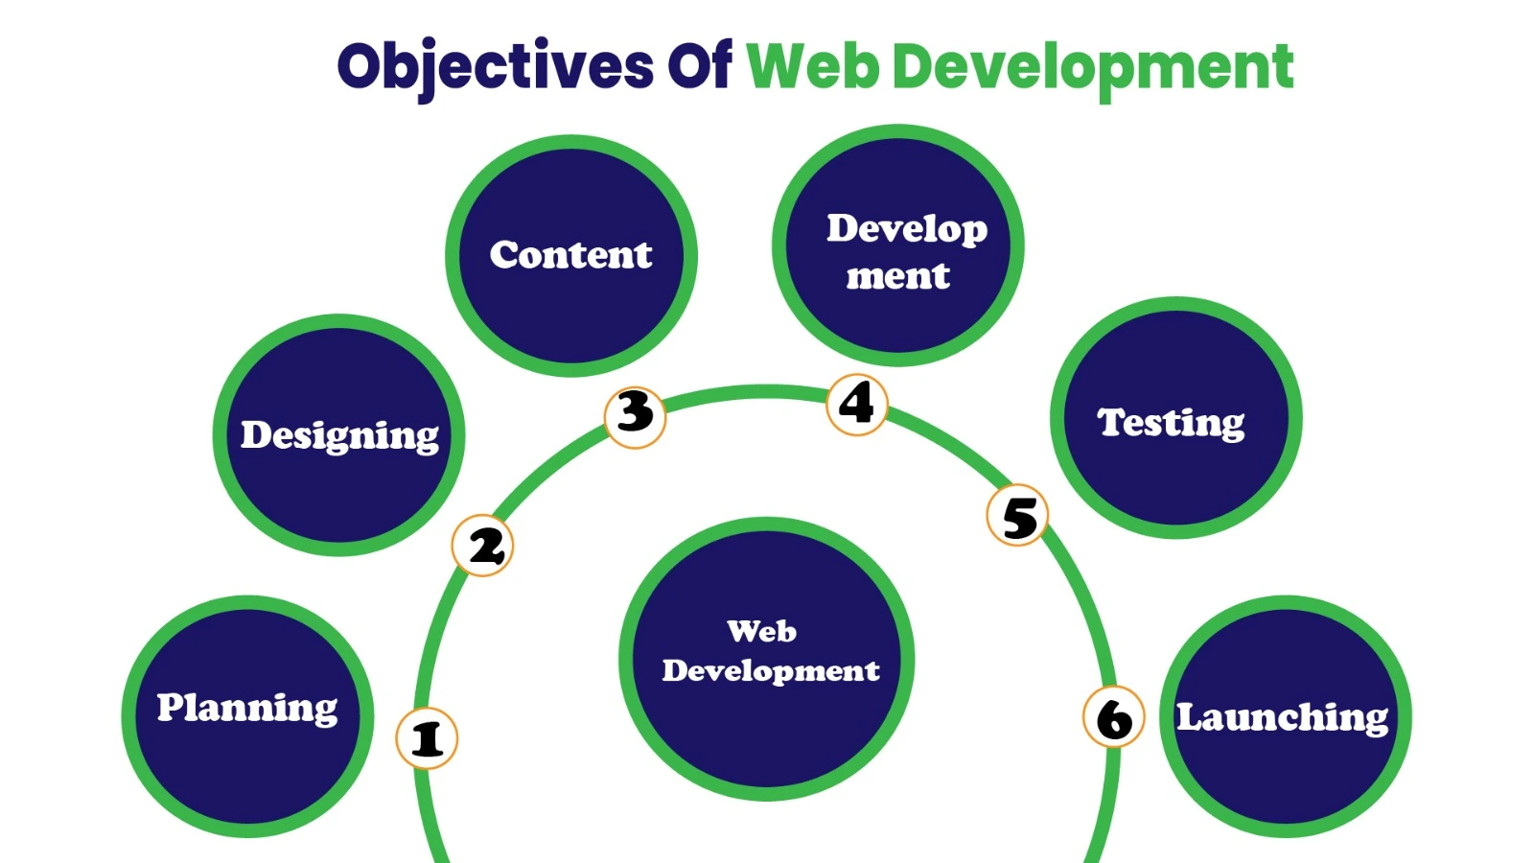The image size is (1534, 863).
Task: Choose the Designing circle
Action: point(338,434)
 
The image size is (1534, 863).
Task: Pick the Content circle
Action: point(571,255)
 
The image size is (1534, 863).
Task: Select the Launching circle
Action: point(1285,715)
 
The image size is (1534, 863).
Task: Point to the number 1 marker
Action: point(427,738)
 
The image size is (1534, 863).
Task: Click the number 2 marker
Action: point(483,546)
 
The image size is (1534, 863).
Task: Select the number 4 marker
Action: point(856,404)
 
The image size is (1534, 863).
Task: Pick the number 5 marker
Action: point(1017,516)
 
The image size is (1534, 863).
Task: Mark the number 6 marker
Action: point(1113,718)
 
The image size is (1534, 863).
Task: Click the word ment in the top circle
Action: point(897,276)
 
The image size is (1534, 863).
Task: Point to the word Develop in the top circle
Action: point(907,229)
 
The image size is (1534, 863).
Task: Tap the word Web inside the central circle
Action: point(761,631)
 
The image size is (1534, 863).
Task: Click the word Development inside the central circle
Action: point(770,670)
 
